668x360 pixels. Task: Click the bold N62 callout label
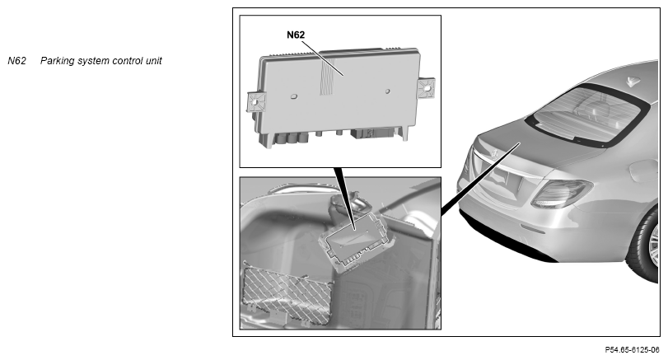[x=296, y=35]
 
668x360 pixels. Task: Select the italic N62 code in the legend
[x=17, y=61]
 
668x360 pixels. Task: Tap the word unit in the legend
[x=154, y=61]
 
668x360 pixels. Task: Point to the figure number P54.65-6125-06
[x=633, y=350]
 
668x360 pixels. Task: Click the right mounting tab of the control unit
[x=426, y=88]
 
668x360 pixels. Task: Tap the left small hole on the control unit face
[x=294, y=96]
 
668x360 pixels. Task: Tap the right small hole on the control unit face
[x=388, y=91]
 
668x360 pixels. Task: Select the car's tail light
[x=562, y=193]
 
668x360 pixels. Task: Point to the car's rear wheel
[x=647, y=245]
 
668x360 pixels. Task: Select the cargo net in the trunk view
[x=287, y=294]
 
